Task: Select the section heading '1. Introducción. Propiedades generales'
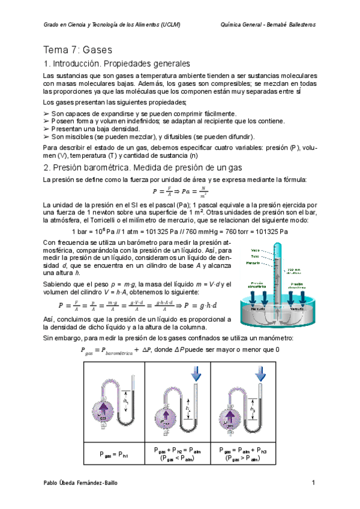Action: [x=117, y=64]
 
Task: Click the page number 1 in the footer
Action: [x=313, y=483]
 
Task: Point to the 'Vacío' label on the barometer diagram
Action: [x=256, y=250]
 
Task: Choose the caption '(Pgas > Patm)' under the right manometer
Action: [x=244, y=459]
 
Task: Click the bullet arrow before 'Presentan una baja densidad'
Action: [x=47, y=128]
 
